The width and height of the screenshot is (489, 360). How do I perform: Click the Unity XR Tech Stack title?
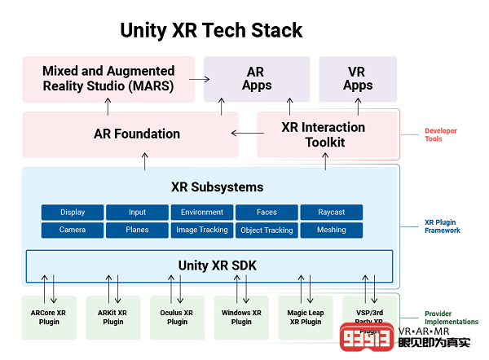pos(211,31)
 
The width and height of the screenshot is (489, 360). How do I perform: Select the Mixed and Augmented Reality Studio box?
pos(108,79)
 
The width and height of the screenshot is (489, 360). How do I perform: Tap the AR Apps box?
pos(256,79)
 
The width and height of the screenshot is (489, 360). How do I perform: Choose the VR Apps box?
pos(358,79)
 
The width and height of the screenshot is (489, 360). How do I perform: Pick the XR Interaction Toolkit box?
pos(324,134)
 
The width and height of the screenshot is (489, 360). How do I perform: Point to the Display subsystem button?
pos(73,213)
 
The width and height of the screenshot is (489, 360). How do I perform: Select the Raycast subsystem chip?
pos(332,213)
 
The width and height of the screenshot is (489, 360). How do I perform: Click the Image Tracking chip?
pos(202,230)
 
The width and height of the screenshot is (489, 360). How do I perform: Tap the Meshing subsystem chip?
pos(332,230)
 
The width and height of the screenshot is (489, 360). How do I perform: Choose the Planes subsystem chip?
pos(137,230)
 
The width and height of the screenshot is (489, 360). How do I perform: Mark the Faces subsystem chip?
pos(267,213)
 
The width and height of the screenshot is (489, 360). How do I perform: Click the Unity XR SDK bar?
pos(209,266)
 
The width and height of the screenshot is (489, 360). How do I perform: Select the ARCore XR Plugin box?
pos(48,318)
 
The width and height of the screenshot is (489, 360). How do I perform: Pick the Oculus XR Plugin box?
pos(177,318)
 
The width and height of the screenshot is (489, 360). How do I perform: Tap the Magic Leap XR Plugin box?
pos(306,318)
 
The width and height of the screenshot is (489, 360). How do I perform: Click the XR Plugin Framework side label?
pos(443,226)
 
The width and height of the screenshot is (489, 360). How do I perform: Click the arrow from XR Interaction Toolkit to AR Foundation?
pos(242,133)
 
